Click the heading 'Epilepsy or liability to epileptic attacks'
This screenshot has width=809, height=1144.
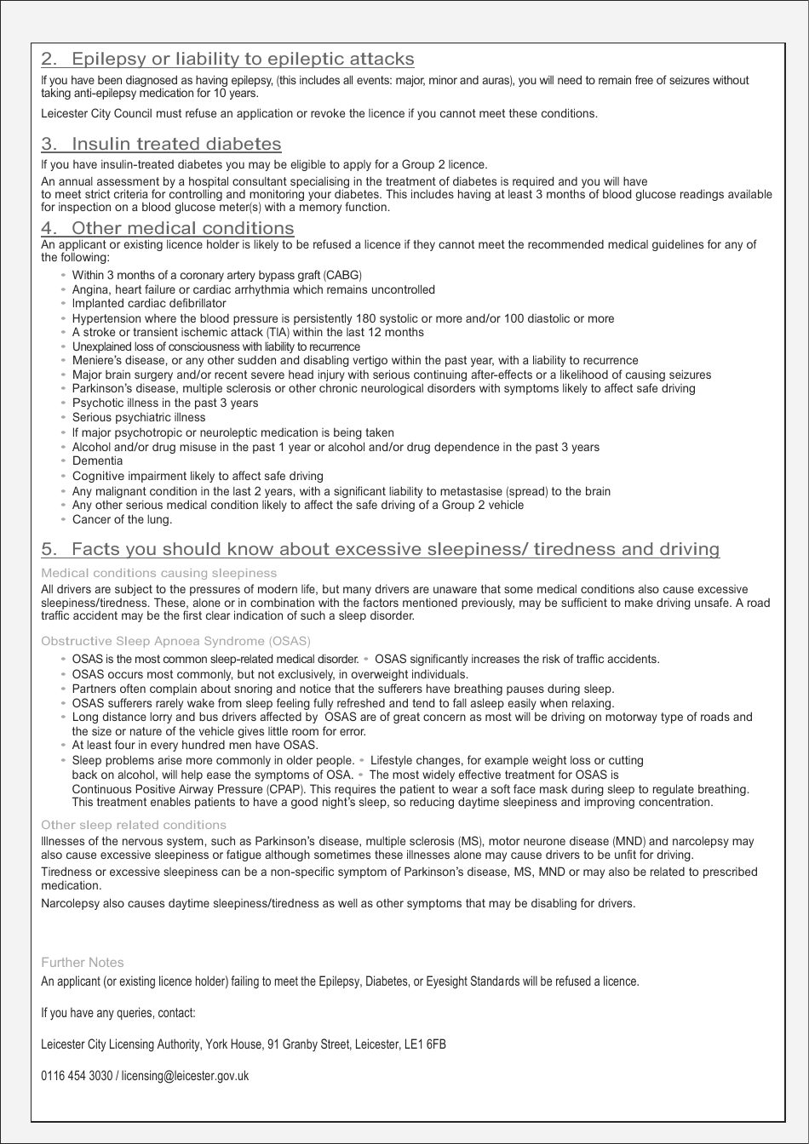pyautogui.click(x=243, y=59)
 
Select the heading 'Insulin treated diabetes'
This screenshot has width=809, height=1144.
pyautogui.click(x=176, y=144)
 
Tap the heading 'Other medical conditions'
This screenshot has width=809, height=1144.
pyautogui.click(x=182, y=228)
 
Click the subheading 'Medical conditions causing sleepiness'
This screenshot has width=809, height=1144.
pyautogui.click(x=158, y=573)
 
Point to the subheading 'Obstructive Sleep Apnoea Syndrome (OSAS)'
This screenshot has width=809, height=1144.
pyautogui.click(x=175, y=640)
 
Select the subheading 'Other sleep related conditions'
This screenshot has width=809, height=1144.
pyautogui.click(x=134, y=825)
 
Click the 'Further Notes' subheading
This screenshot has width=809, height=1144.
pyautogui.click(x=83, y=963)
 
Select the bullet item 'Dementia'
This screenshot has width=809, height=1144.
pyautogui.click(x=97, y=460)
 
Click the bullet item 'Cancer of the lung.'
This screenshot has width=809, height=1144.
pyautogui.click(x=122, y=519)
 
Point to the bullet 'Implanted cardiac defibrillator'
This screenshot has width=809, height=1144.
pyautogui.click(x=149, y=303)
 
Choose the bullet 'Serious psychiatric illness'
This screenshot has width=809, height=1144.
pyautogui.click(x=139, y=417)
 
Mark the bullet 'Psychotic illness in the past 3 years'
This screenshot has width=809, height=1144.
pyautogui.click(x=164, y=403)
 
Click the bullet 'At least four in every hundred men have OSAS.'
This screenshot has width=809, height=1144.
pyautogui.click(x=195, y=745)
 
